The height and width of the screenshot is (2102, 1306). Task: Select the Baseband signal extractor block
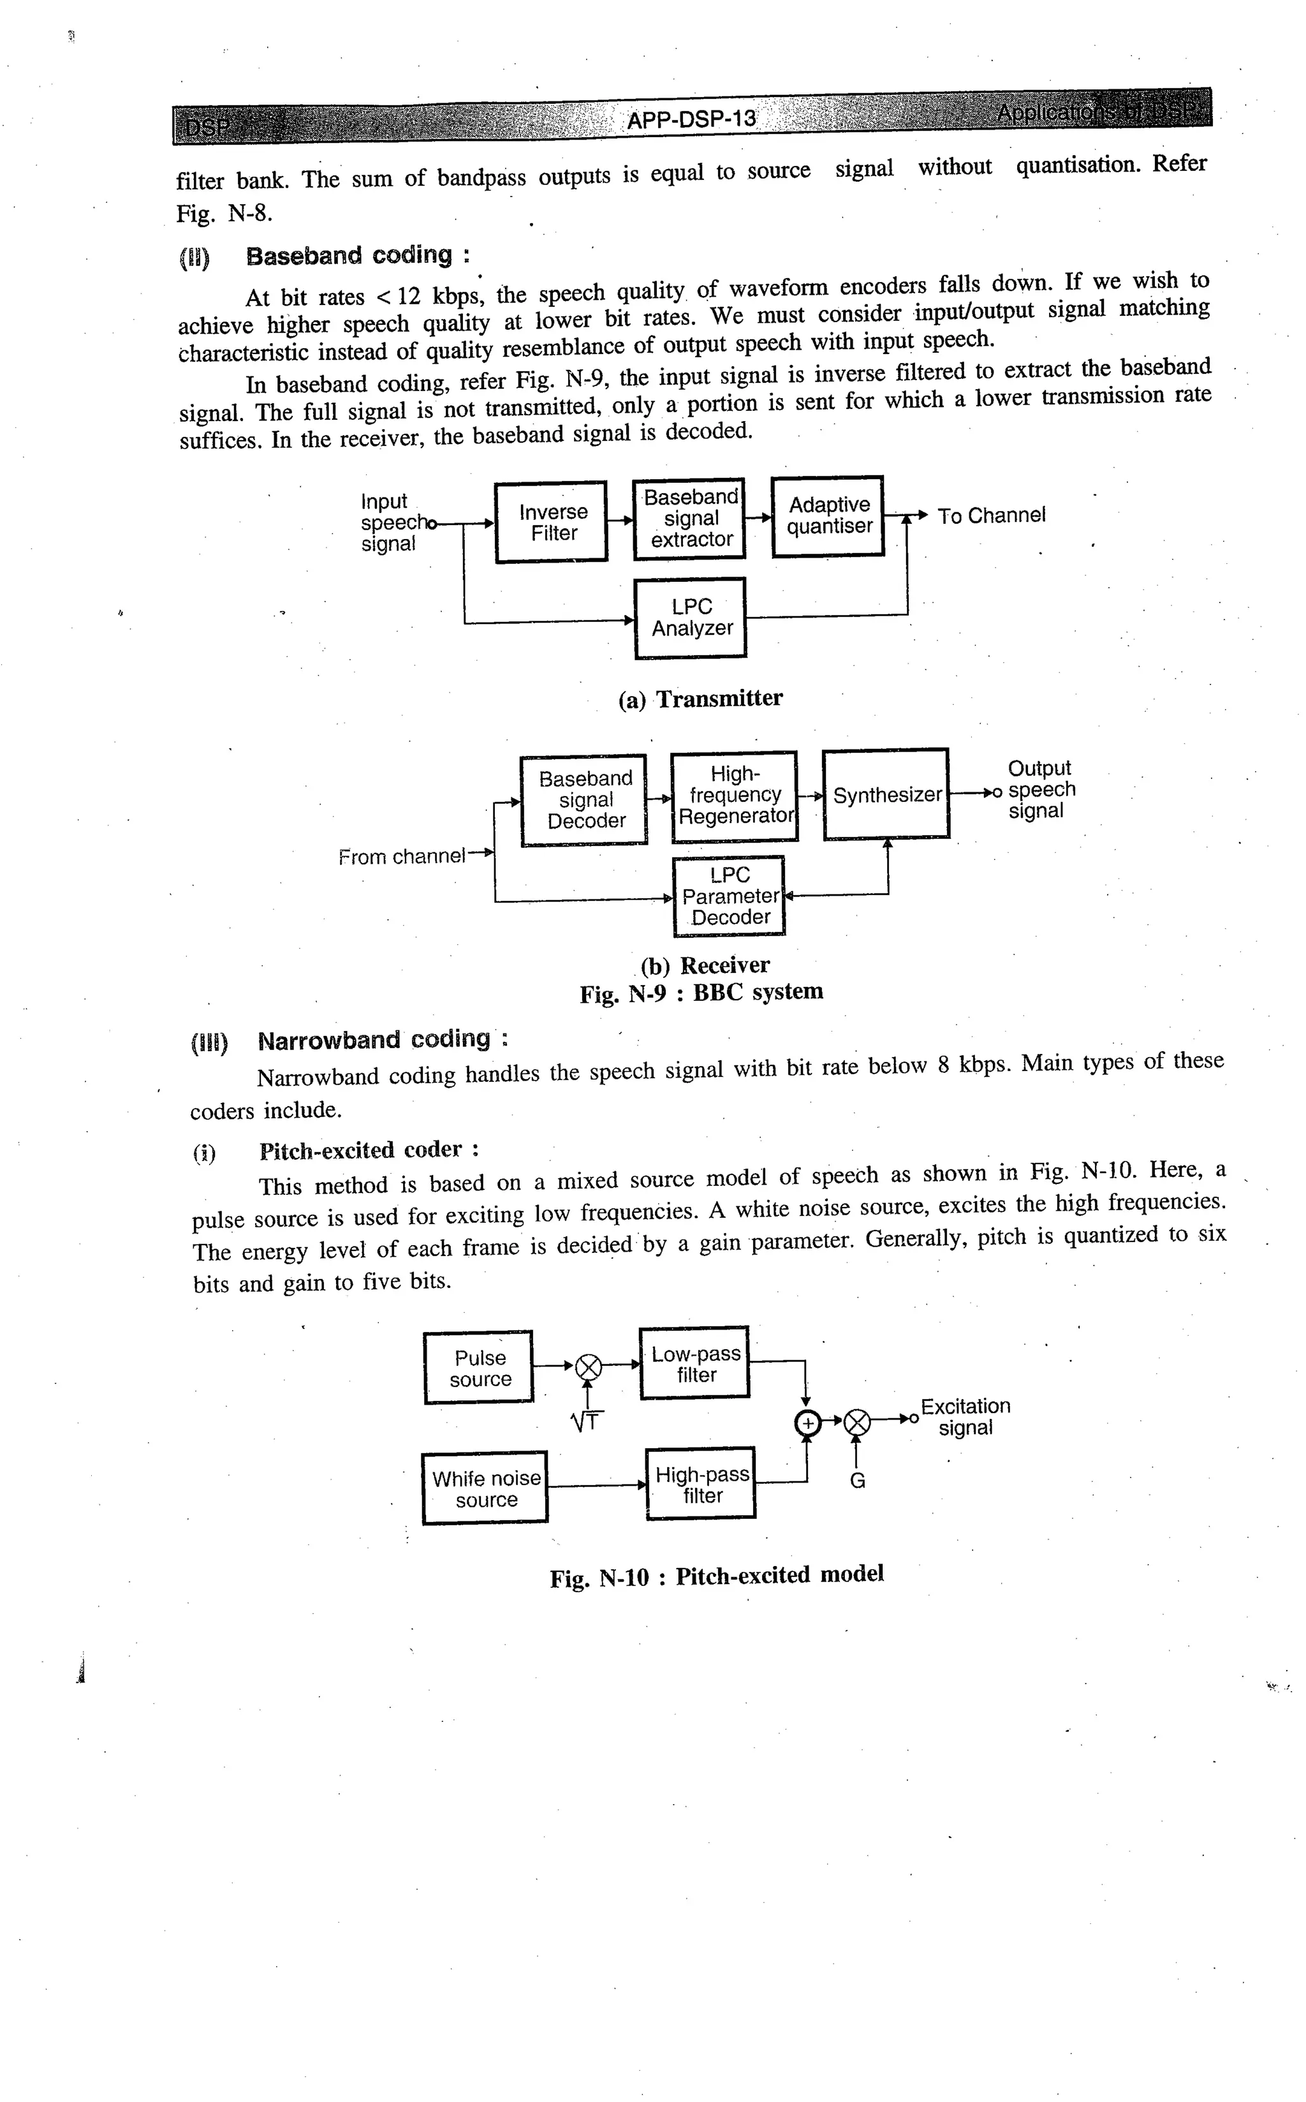click(689, 519)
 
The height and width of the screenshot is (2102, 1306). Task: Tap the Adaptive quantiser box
click(828, 516)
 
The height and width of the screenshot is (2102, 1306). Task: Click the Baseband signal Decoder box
click(584, 800)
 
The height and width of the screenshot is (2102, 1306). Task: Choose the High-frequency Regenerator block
click(734, 796)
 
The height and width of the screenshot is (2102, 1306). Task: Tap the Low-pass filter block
click(694, 1364)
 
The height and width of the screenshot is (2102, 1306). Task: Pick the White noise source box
click(485, 1488)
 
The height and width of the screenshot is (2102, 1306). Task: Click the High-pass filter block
click(700, 1484)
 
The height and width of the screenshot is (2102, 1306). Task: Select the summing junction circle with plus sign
click(807, 1422)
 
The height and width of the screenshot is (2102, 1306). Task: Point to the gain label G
click(857, 1481)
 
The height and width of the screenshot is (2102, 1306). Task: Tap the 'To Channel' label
click(991, 516)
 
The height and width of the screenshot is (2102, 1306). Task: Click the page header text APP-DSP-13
click(691, 119)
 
